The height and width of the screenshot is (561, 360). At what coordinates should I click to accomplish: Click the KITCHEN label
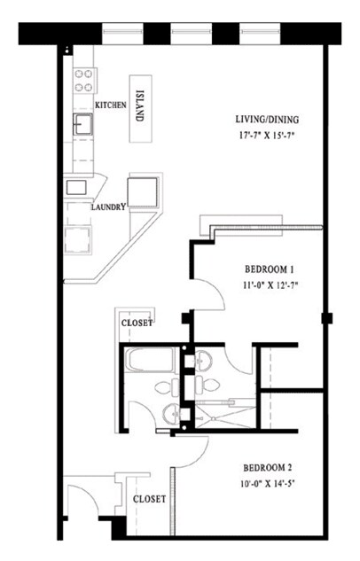111,105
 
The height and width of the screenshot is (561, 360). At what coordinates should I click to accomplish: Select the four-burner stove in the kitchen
84,82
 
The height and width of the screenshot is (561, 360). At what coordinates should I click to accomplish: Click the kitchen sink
83,124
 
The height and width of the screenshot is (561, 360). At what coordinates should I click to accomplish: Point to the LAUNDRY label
108,207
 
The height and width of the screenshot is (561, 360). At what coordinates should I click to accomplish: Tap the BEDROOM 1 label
269,269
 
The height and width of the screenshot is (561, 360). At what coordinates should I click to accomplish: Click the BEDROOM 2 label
269,467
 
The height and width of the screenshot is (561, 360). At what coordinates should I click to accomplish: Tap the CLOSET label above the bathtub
137,323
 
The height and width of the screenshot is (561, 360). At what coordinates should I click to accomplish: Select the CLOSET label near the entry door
149,499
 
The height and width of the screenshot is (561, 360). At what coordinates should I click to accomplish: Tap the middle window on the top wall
189,34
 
